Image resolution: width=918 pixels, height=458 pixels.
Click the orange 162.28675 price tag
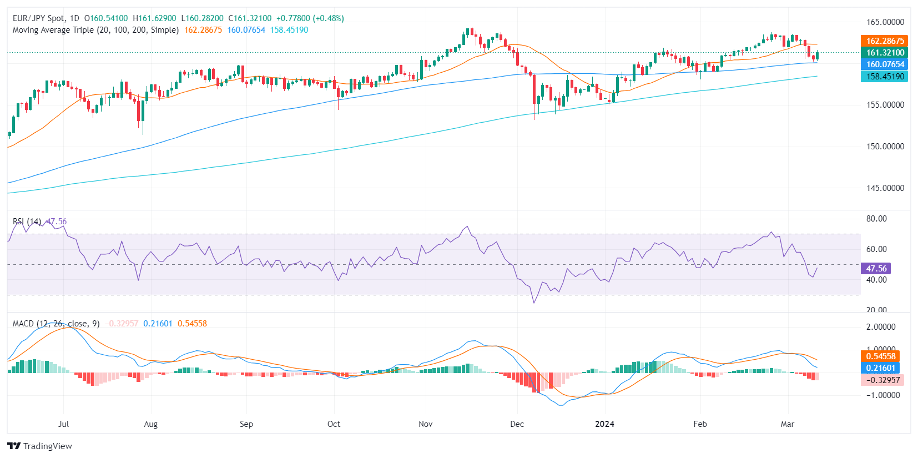885,41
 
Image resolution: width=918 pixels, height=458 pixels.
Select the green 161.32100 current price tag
885,52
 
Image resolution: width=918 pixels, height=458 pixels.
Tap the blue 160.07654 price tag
885,64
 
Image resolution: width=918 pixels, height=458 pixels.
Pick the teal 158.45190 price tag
885,77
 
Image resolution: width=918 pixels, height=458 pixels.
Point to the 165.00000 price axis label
885,22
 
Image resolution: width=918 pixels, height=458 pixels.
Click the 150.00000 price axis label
885,147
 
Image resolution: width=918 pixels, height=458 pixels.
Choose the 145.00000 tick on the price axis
885,188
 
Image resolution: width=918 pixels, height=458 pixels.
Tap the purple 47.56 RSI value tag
876,268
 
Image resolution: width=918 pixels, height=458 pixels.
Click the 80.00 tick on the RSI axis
876,219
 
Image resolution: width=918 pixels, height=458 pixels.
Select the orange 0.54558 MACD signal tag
881,356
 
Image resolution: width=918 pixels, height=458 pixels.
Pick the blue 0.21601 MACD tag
881,368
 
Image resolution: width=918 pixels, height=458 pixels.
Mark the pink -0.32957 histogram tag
882,380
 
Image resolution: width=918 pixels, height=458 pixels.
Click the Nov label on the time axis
425,424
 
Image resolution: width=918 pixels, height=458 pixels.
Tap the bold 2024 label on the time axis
604,424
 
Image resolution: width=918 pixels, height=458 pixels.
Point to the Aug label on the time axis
150,424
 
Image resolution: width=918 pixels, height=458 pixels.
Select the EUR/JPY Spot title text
38,18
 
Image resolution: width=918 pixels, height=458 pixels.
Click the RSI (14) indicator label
27,222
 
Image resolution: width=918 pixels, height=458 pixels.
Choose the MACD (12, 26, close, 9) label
56,324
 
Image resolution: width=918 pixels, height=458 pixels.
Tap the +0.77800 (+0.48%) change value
310,18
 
